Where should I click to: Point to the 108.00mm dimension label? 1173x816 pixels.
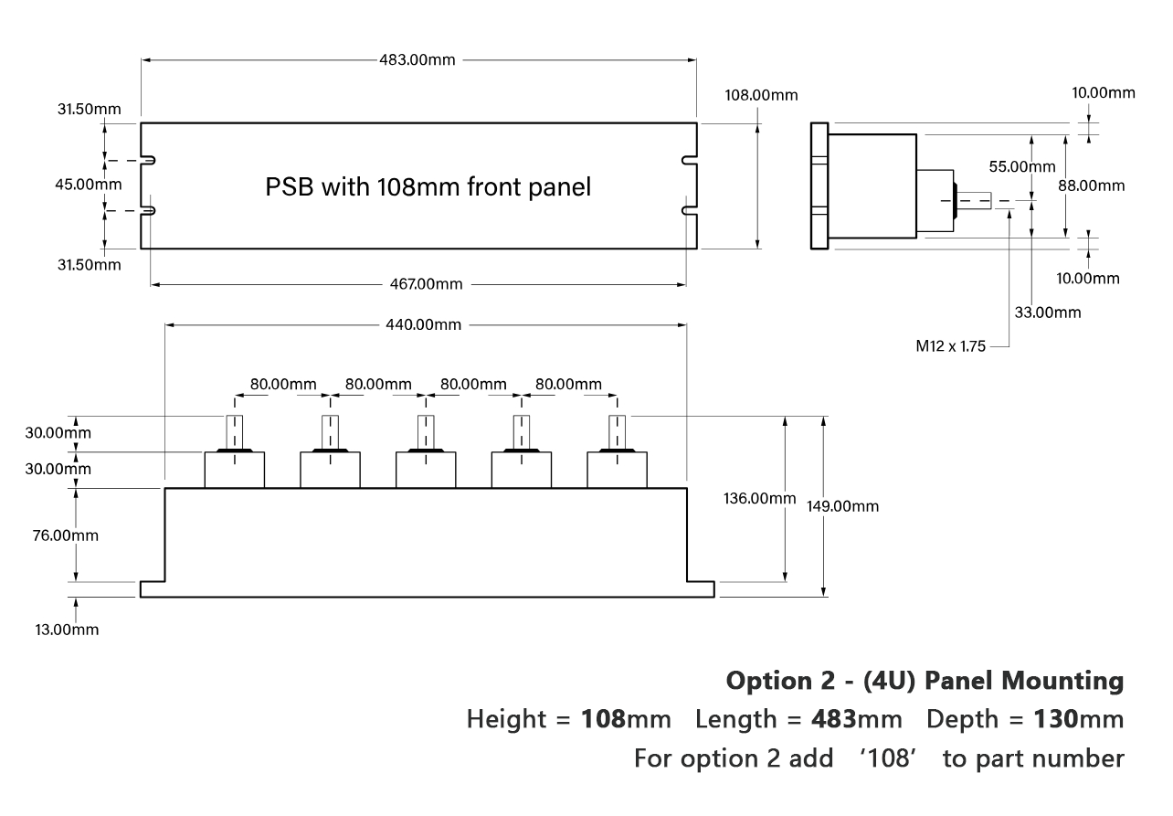761,95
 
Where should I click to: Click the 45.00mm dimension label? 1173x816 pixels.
76,184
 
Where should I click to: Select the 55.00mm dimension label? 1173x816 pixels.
1021,167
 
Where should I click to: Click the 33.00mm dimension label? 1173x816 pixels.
1048,313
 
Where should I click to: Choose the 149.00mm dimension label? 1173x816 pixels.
842,506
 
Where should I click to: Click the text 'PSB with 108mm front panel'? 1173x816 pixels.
428,187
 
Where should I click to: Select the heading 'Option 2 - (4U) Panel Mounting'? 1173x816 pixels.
925,681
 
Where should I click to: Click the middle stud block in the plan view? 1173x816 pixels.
425,470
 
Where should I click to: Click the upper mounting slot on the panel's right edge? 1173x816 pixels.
691,161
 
